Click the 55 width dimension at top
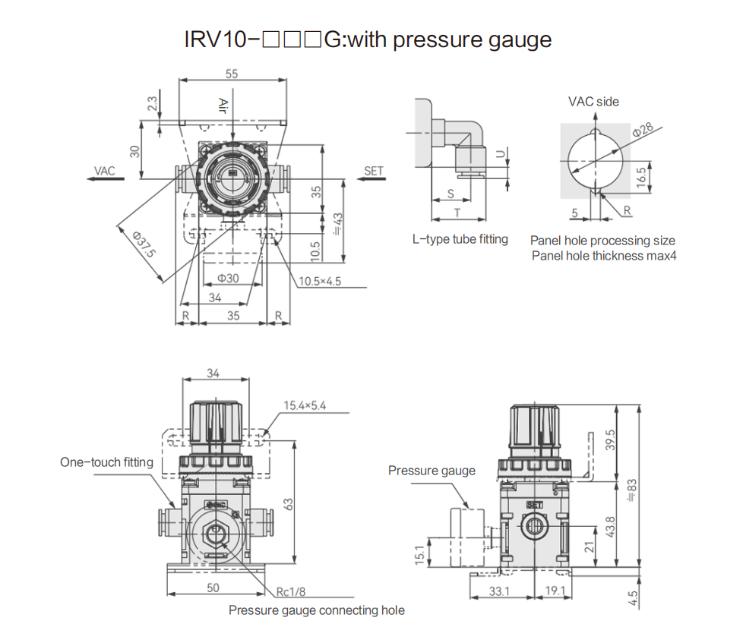[232, 74]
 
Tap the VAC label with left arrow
[105, 170]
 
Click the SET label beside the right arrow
[374, 171]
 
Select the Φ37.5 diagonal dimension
[144, 245]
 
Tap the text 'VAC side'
[593, 101]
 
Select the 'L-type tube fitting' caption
[460, 239]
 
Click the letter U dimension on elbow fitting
[499, 154]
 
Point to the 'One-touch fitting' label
[106, 462]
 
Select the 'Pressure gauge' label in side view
[432, 471]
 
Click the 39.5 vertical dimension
[609, 440]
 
